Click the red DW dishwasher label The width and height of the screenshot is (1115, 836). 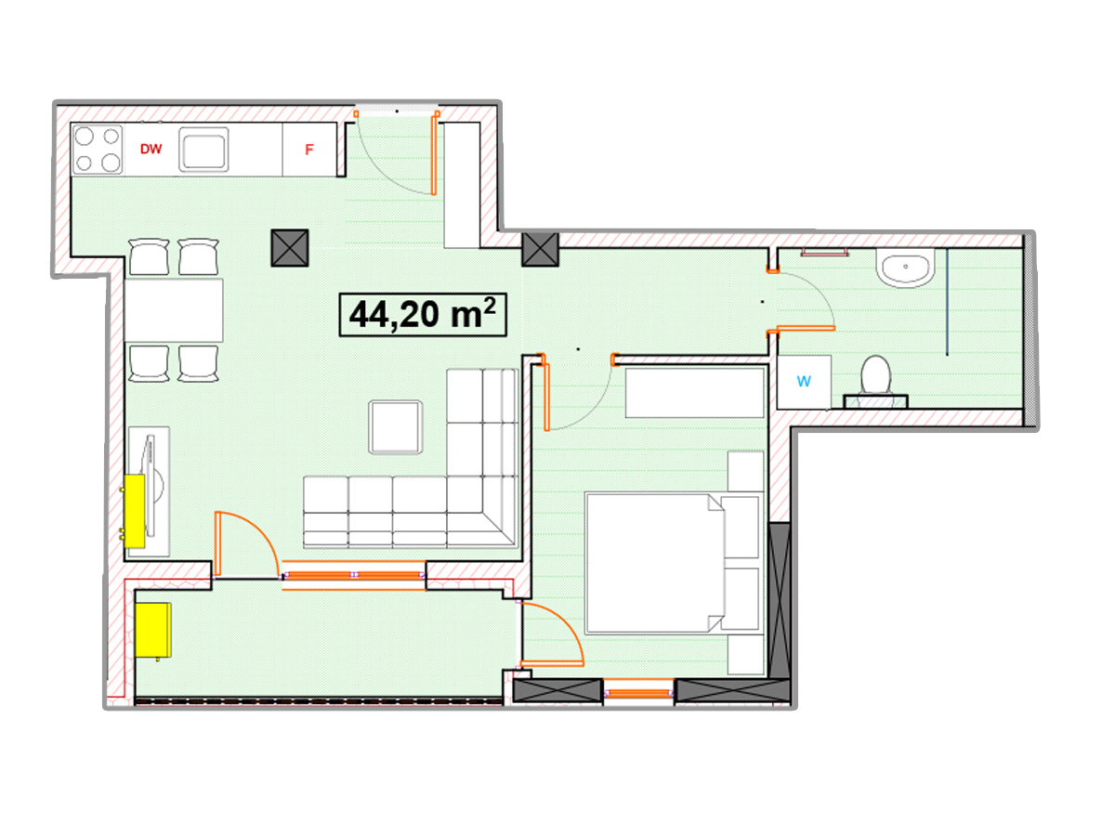click(x=151, y=149)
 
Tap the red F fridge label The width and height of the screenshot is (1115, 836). click(x=308, y=150)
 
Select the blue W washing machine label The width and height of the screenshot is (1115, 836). click(x=803, y=381)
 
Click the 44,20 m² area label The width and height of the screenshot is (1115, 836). click(x=423, y=314)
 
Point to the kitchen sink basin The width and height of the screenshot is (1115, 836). click(x=203, y=150)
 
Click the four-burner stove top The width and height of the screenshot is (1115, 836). click(x=97, y=150)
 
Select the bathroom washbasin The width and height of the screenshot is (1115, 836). click(x=905, y=268)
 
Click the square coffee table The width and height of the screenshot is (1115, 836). click(x=395, y=427)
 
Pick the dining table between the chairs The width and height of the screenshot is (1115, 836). click(x=173, y=309)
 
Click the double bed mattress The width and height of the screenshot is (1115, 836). click(x=655, y=563)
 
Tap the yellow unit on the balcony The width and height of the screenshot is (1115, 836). click(x=153, y=631)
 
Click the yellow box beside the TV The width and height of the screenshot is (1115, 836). click(x=135, y=511)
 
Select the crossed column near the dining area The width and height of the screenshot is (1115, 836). click(x=290, y=248)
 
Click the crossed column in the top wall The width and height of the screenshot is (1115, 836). click(x=541, y=249)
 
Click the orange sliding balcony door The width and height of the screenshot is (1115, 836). click(x=354, y=575)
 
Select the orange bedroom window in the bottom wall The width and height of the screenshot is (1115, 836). click(x=638, y=693)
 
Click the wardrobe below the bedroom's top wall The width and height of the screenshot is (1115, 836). click(x=694, y=393)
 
